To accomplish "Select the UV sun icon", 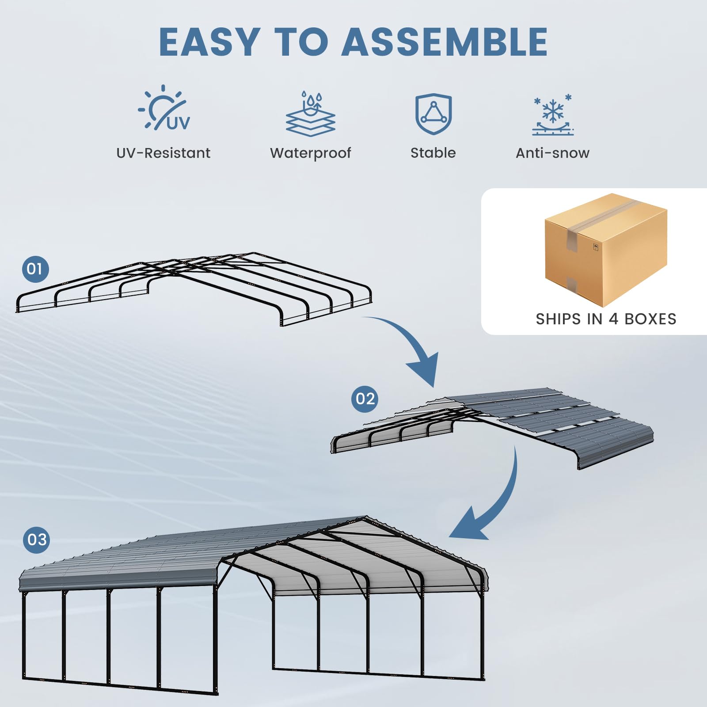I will (164, 108).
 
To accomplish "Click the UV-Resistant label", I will (163, 153).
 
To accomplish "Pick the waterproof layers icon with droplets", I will (310, 114).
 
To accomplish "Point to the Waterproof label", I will (310, 153).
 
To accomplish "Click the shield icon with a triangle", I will (433, 114).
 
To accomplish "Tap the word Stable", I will (433, 153).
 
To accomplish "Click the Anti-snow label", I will (552, 153).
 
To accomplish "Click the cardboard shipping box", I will (605, 250).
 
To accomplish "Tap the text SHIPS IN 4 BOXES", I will (606, 319).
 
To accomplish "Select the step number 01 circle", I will (35, 269).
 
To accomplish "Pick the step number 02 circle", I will (365, 399).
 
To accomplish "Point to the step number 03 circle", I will (37, 540).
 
